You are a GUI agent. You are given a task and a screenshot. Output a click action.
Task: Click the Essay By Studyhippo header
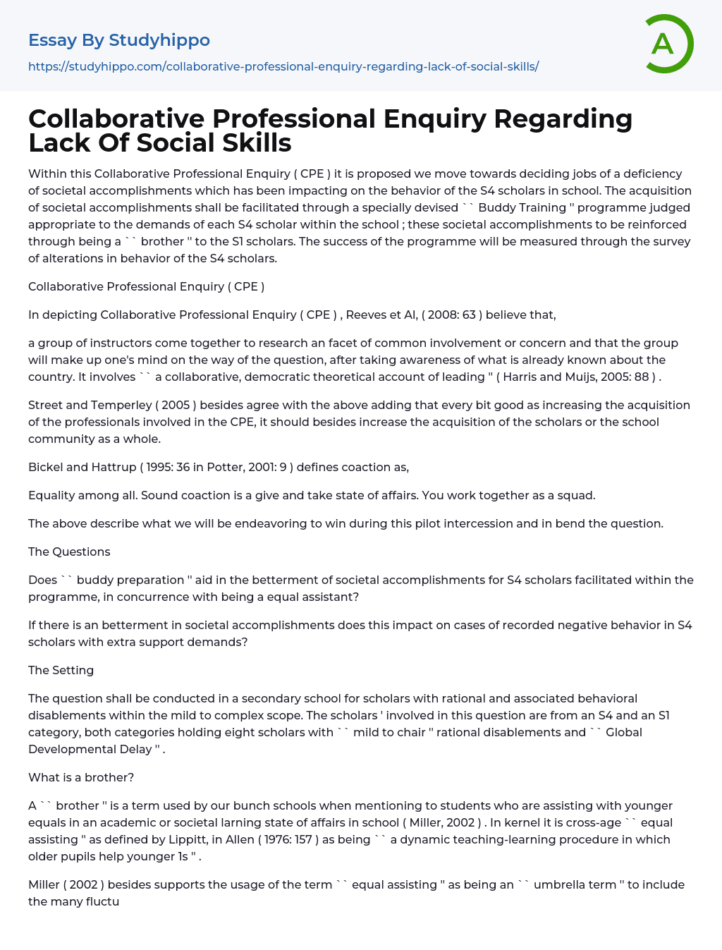(119, 40)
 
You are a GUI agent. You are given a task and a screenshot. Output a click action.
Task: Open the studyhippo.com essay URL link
(283, 66)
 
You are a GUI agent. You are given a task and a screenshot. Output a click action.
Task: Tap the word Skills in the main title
(257, 142)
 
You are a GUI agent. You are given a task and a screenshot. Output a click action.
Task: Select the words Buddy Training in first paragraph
(522, 207)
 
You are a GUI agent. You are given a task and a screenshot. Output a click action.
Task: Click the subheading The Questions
(69, 552)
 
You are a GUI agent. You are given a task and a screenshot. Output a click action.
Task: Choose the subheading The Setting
(61, 670)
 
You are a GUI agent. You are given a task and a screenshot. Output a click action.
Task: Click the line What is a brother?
(81, 777)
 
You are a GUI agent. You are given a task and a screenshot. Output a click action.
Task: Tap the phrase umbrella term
(575, 884)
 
